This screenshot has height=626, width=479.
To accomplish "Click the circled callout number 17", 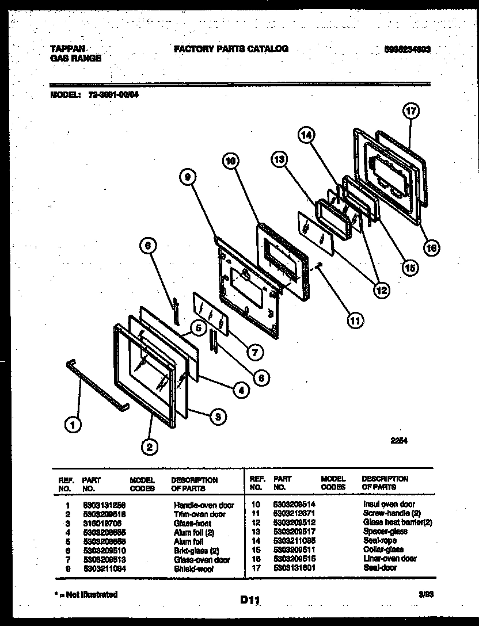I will pyautogui.click(x=412, y=112).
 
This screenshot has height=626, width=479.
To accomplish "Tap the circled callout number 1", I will pyautogui.click(x=72, y=425).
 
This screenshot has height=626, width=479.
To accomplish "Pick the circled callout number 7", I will pyautogui.click(x=251, y=349).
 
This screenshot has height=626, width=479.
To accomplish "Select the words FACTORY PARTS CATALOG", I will pyautogui.click(x=231, y=49).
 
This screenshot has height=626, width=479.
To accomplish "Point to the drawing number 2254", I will pyautogui.click(x=399, y=441).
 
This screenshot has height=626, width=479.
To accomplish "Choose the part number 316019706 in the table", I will pyautogui.click(x=104, y=523).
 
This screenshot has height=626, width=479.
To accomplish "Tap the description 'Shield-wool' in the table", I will pyautogui.click(x=193, y=568).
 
